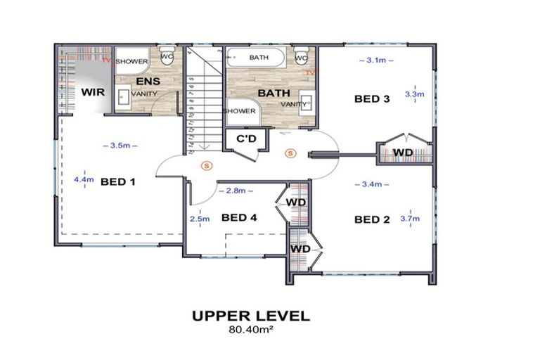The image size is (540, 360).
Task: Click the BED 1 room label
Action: (x=117, y=181)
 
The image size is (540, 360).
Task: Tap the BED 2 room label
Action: (x=371, y=219)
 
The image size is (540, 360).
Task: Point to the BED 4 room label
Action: (x=239, y=217)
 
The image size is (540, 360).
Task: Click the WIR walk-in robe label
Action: (x=93, y=92)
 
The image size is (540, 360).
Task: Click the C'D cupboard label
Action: (x=245, y=139)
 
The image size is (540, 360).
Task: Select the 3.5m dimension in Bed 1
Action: (x=120, y=146)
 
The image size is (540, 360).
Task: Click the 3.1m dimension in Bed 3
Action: (x=375, y=60)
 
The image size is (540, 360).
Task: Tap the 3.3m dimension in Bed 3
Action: (x=414, y=94)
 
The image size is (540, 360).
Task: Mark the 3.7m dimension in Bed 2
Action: (x=411, y=218)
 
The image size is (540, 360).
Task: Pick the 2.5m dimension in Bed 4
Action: (x=200, y=219)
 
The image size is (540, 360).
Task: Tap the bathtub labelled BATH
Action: (x=258, y=58)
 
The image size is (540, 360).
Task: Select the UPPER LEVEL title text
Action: (x=250, y=316)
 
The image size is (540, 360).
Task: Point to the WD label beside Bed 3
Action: (x=402, y=153)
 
